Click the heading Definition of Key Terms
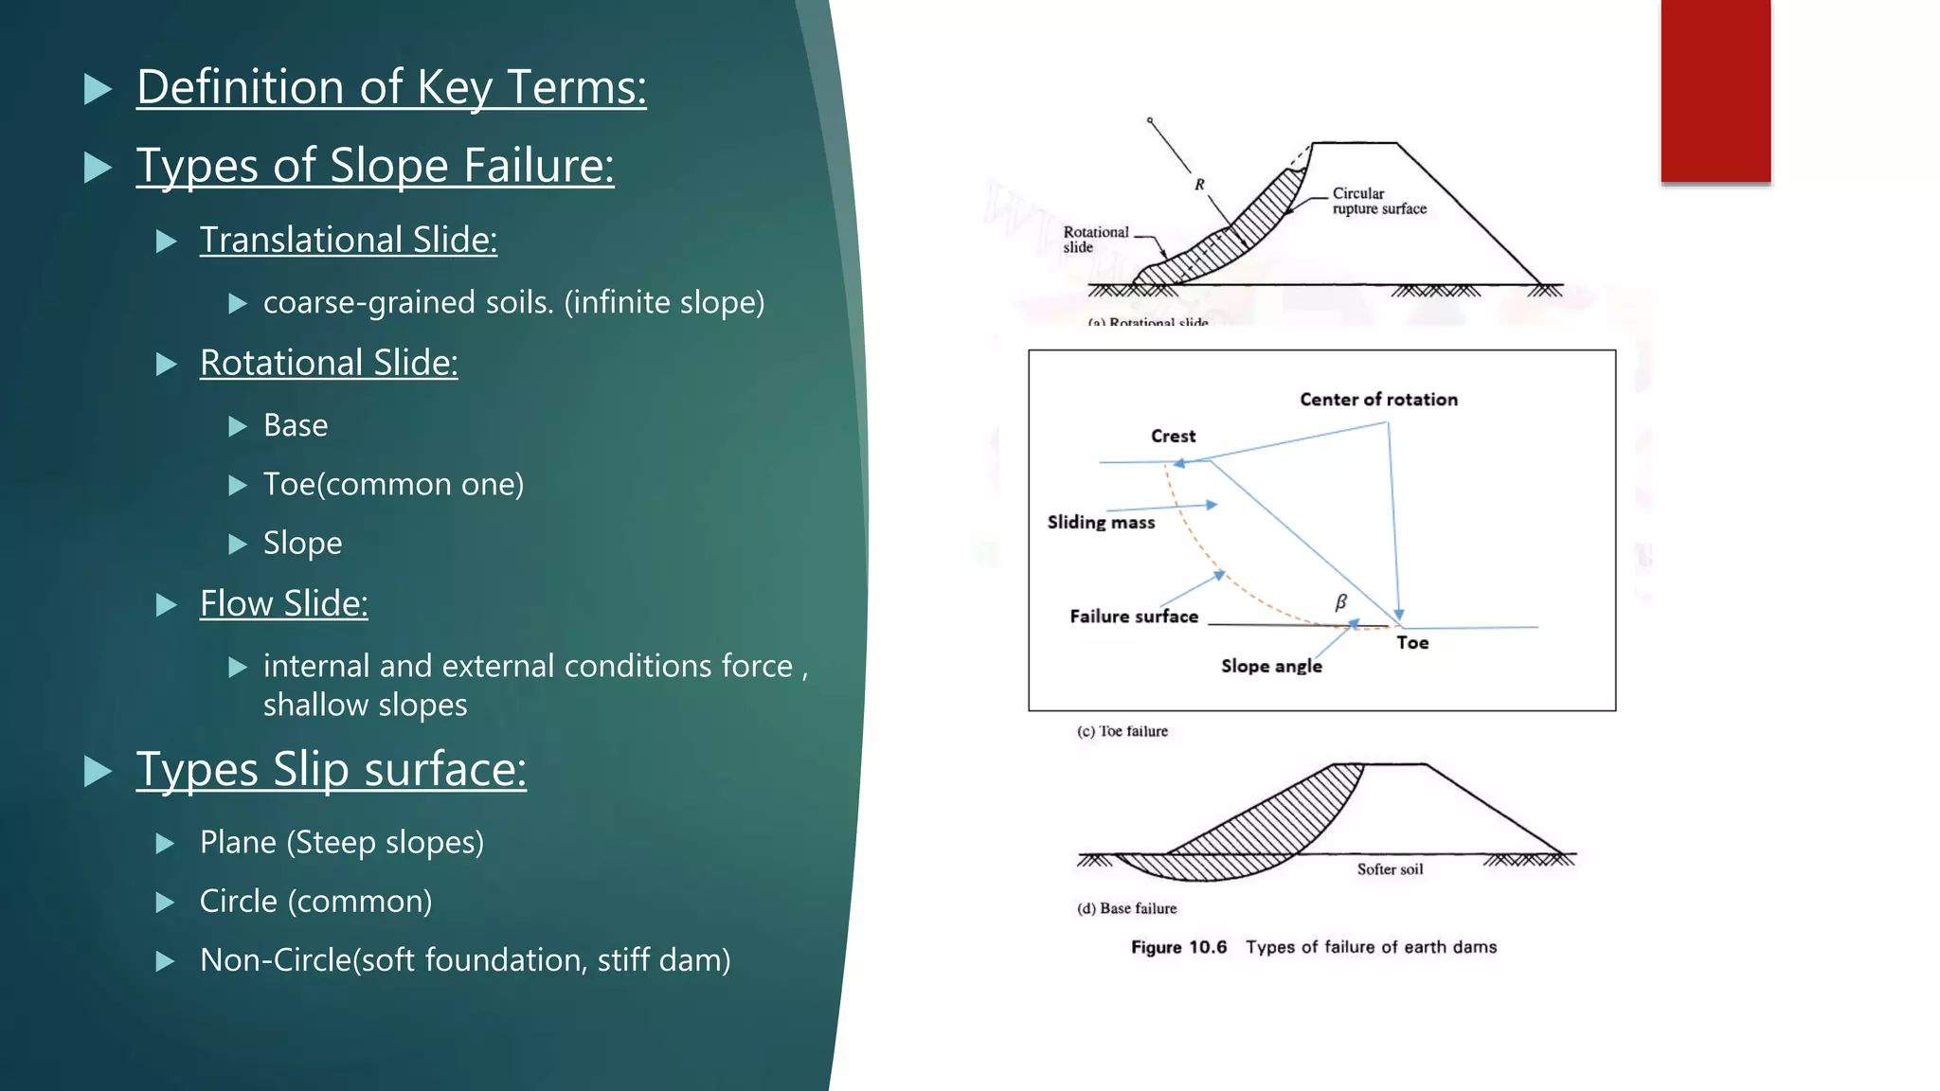391,87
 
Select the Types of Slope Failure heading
375,166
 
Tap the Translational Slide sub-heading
348,240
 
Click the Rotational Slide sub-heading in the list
329,363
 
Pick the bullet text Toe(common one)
393,484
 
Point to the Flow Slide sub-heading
283,603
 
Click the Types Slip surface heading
331,769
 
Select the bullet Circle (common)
315,901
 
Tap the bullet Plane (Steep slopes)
341,842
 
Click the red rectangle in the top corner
1715,91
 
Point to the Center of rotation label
1378,400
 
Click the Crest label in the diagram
1173,437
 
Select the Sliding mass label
1101,523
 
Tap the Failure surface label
1134,617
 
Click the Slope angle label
1271,667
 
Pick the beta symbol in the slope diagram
1340,602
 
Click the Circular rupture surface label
1378,201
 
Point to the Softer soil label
1390,869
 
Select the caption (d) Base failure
1126,908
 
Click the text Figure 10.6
1178,947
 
